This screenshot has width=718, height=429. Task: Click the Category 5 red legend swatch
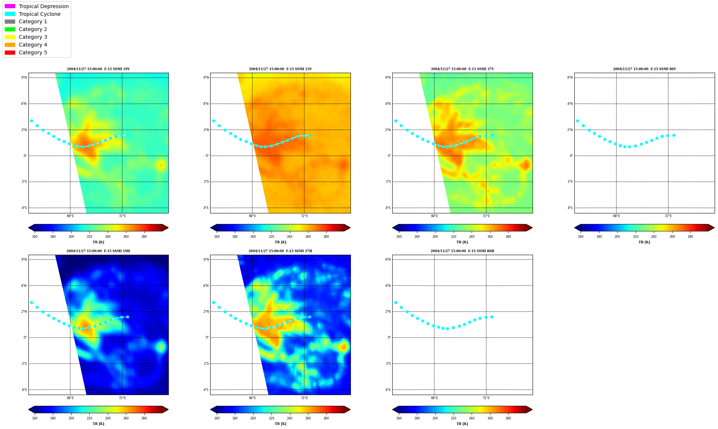[x=10, y=52]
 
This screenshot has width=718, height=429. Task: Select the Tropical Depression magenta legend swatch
[x=10, y=6]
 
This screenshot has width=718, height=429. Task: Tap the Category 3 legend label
[x=33, y=37]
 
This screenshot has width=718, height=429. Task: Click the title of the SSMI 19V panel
[x=98, y=69]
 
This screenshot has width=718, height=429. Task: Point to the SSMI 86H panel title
[x=462, y=251]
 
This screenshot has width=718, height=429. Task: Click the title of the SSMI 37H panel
[x=280, y=251]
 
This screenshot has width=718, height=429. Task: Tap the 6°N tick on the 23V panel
[x=206, y=78]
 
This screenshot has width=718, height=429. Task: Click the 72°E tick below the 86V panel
[x=668, y=216]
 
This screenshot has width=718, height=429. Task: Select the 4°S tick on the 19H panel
[x=24, y=390]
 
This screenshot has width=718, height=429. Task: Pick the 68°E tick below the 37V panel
[x=434, y=216]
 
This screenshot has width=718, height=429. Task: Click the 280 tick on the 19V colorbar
[x=144, y=237]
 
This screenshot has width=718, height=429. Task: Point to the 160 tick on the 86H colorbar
[x=399, y=418]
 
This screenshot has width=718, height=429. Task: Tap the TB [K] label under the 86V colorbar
[x=644, y=242]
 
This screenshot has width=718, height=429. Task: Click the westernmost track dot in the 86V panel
[x=577, y=121]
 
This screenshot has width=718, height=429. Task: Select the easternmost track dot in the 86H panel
[x=492, y=317]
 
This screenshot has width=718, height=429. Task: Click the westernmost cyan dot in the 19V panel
[x=31, y=121]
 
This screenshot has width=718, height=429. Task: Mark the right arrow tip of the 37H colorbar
[x=351, y=409]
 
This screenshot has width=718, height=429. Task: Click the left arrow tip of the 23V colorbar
[x=211, y=228]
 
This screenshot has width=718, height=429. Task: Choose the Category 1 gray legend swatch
[x=10, y=21]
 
